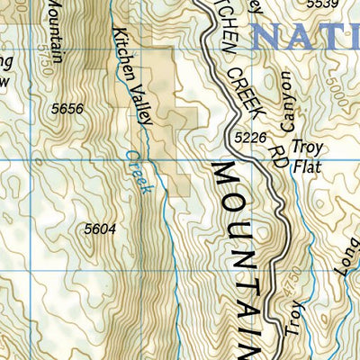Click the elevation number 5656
pyautogui.click(x=68, y=109)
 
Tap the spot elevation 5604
pyautogui.click(x=99, y=229)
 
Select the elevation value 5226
pyautogui.click(x=251, y=138)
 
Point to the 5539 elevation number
pyautogui.click(x=323, y=5)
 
